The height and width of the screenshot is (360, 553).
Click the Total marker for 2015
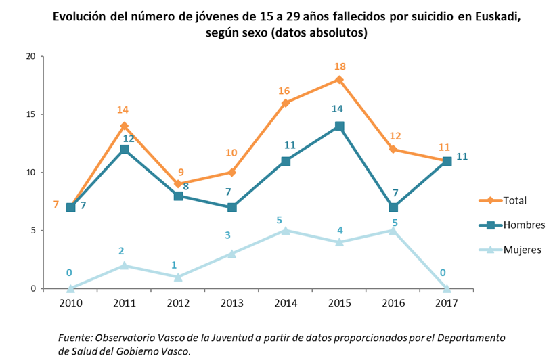(339, 80)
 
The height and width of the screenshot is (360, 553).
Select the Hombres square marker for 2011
(125, 150)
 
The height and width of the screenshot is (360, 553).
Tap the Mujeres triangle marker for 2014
(286, 230)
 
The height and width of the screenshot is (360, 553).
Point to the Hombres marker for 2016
(393, 207)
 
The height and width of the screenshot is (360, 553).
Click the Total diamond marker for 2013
(231, 172)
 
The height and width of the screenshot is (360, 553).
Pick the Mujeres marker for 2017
(447, 288)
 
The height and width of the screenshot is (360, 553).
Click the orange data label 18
(340, 66)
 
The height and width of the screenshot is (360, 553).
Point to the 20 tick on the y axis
(29, 57)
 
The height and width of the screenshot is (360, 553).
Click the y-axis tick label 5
(32, 230)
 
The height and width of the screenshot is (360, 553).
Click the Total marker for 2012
(178, 183)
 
